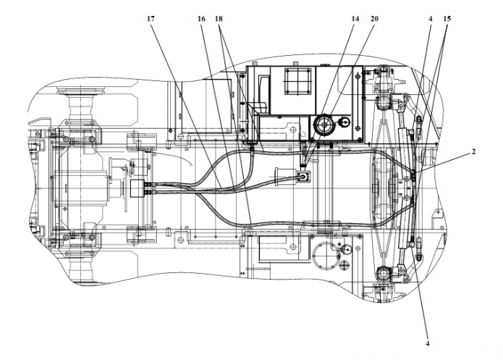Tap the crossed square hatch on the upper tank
[298, 80]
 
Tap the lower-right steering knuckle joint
[383, 275]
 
